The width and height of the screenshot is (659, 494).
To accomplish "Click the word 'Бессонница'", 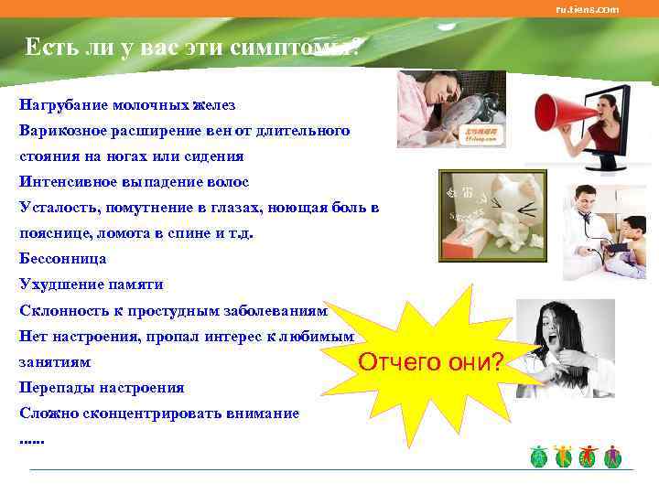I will [x=62, y=259].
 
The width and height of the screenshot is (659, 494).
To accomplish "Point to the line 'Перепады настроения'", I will [x=102, y=387].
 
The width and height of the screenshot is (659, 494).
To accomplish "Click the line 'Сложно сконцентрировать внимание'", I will [x=159, y=413].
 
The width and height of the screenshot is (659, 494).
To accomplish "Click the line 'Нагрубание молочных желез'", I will [x=127, y=105].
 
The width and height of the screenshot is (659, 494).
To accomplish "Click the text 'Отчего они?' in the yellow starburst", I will [x=430, y=362].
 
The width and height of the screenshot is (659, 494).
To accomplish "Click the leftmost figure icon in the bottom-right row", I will [x=539, y=456].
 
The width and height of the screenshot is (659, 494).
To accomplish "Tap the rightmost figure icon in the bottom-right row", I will [x=612, y=456].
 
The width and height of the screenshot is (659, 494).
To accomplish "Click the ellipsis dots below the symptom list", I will [x=31, y=440].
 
